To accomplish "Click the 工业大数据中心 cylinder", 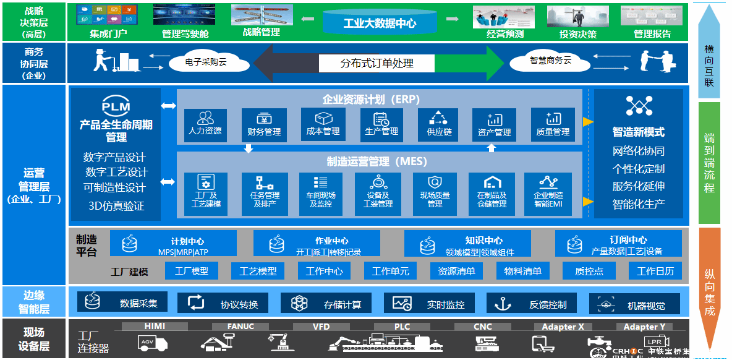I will point(380,22).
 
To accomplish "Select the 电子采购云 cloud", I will point(206,62).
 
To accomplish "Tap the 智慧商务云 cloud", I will point(550,61).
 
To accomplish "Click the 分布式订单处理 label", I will point(377,63).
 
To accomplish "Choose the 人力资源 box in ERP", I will point(205,126).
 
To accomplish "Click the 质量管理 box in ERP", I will point(553,126).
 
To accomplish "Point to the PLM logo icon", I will point(116,107).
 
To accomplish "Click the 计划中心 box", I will point(174,244).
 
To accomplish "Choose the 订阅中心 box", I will point(619,244).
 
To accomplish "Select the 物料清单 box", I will point(522,271).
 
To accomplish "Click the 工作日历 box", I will point(655,271).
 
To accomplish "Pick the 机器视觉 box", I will point(635,304).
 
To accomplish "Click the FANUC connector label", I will point(232,327).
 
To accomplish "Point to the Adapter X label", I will point(563,327).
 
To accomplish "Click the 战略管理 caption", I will point(261,32).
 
